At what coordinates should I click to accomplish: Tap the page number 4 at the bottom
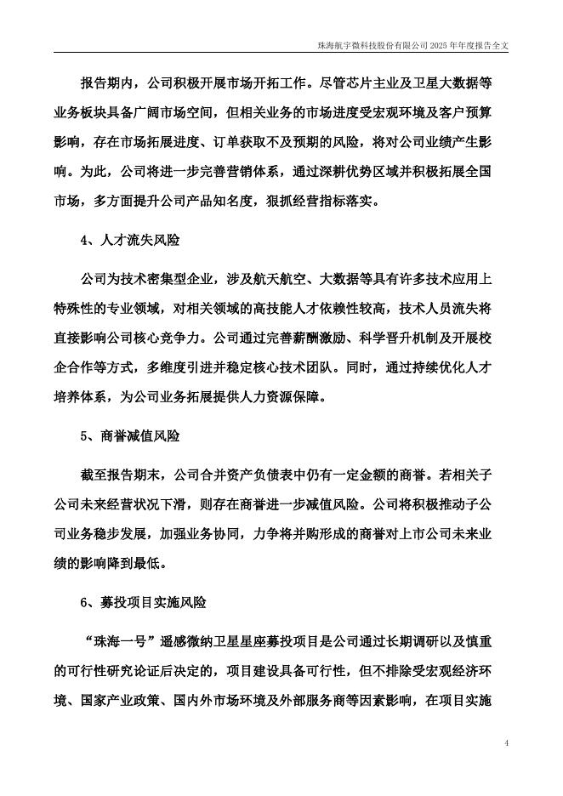(x=506, y=743)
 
